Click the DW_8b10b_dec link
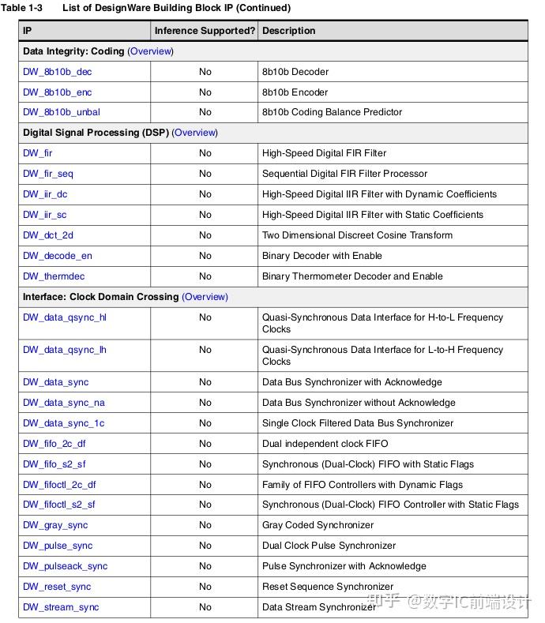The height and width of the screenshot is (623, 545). (57, 72)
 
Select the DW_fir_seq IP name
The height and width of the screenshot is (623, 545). (48, 174)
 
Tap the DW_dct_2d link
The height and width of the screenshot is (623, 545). (48, 235)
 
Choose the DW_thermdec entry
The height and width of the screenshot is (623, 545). (54, 276)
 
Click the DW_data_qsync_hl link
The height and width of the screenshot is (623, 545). (65, 317)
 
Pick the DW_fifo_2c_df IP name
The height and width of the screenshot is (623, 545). (54, 444)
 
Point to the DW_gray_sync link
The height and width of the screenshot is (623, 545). (55, 525)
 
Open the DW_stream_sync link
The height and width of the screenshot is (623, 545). (61, 607)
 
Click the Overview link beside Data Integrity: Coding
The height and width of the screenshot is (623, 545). (150, 51)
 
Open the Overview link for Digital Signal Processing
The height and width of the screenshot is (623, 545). (194, 133)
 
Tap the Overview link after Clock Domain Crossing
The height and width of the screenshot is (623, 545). (205, 297)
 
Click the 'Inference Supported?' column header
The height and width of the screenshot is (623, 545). (205, 31)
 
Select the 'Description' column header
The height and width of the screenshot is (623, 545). (288, 31)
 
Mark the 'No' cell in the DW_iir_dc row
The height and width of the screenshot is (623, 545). (205, 194)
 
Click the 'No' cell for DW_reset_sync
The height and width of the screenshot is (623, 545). (205, 587)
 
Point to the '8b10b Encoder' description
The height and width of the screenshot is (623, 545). (295, 92)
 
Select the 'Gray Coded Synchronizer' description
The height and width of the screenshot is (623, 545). (318, 525)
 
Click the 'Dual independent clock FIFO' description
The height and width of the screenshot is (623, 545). (325, 444)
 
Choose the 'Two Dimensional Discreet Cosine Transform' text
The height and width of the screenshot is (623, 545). (357, 235)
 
